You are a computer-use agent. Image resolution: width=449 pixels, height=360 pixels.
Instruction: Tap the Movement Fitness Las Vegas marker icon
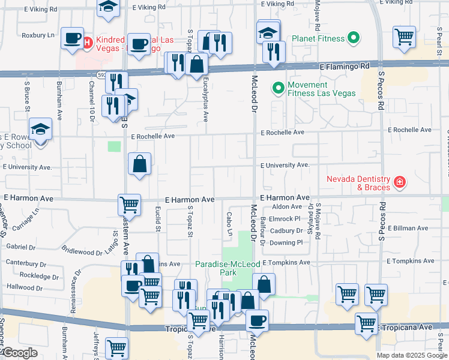[278, 89]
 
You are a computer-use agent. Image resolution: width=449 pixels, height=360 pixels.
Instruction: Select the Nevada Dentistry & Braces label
[359, 183]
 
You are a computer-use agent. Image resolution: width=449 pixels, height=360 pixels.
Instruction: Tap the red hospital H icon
[87, 42]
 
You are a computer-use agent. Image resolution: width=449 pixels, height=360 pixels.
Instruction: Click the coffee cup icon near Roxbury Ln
[72, 38]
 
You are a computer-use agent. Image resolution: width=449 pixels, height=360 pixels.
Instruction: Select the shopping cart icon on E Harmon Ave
[129, 205]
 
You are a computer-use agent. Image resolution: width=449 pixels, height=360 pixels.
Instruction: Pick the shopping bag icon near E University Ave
[139, 163]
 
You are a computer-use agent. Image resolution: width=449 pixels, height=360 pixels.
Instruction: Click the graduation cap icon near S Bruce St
[41, 128]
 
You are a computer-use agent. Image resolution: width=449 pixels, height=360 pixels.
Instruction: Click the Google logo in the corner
[20, 353]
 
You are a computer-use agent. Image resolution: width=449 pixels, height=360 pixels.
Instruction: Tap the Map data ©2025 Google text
[411, 355]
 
